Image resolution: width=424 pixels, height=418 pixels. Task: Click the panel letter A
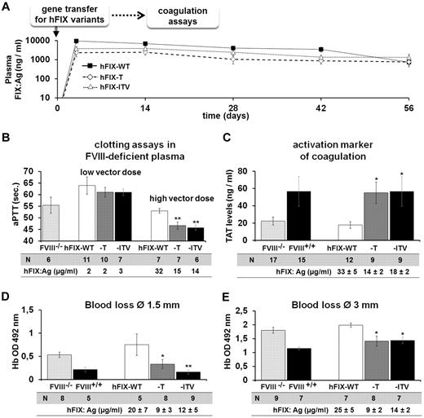[7, 7]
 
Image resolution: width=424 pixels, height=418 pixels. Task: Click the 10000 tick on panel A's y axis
[37, 41]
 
